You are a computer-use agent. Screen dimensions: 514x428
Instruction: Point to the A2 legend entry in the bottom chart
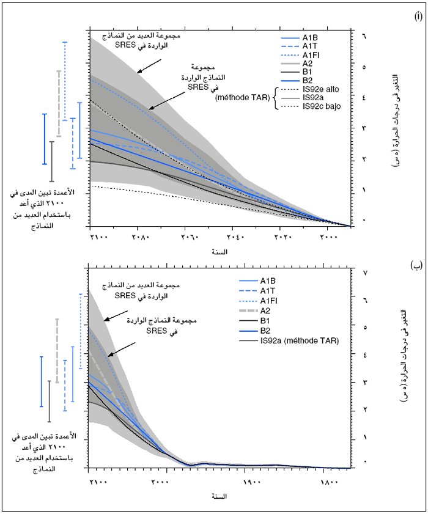[268, 310]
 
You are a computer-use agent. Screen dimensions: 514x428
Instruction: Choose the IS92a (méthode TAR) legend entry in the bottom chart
[299, 340]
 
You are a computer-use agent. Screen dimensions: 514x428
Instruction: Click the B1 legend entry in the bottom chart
[268, 320]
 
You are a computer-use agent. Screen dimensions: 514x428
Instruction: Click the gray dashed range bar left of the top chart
[59, 103]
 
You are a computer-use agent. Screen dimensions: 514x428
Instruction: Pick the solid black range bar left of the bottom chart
[50, 401]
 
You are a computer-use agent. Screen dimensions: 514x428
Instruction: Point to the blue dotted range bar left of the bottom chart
[81, 331]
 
